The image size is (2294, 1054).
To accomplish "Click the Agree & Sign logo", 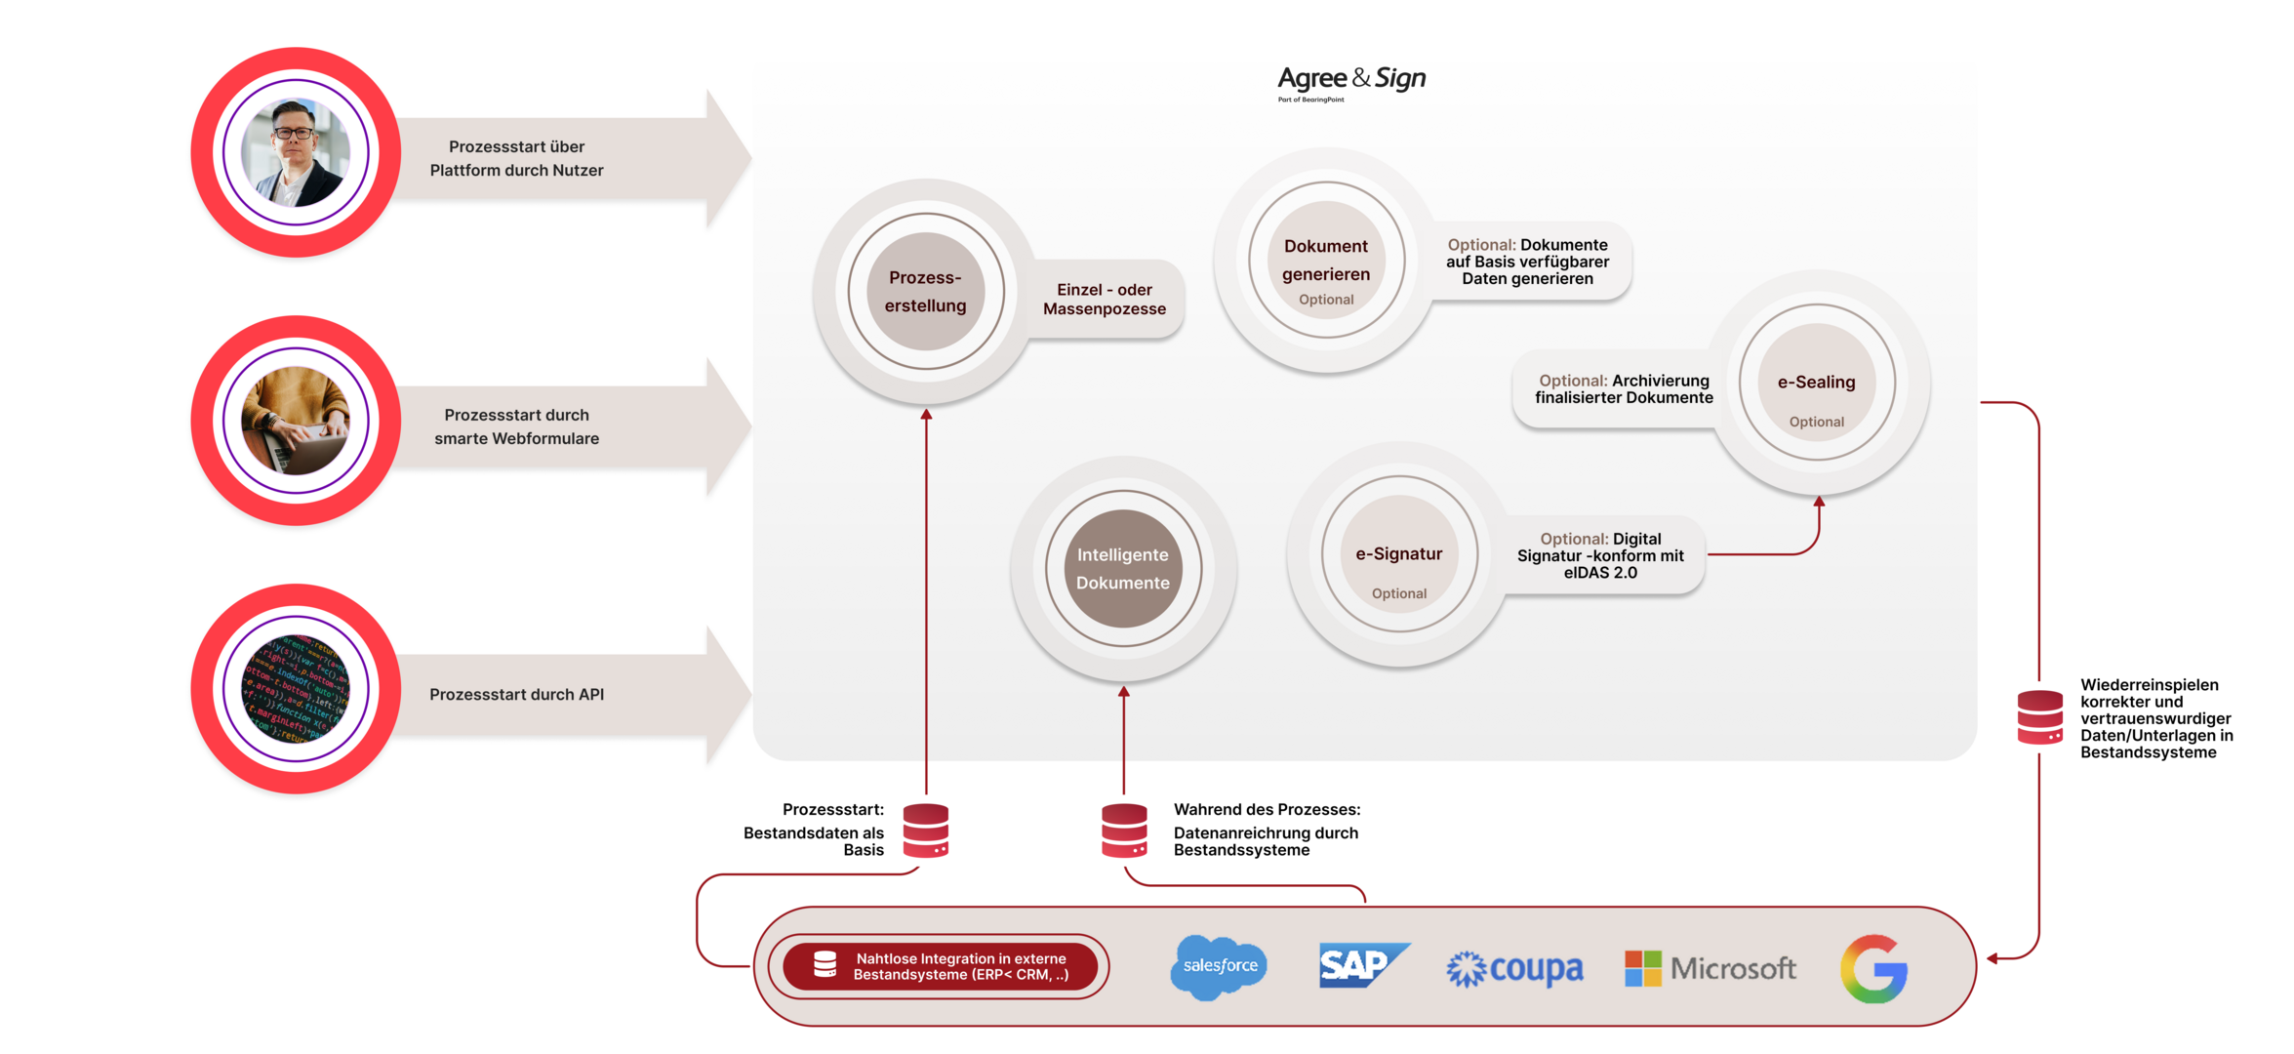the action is click(x=1351, y=82).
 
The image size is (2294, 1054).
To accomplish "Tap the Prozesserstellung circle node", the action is click(x=925, y=291).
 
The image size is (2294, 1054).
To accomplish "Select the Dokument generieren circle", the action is click(x=1326, y=260).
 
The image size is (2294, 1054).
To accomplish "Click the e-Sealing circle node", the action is click(x=1816, y=382).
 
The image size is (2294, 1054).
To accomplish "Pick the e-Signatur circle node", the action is click(x=1399, y=553).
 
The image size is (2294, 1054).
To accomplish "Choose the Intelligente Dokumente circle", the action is click(x=1123, y=568).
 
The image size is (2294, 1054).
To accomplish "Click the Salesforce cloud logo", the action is click(x=1219, y=966).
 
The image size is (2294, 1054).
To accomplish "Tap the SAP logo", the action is click(x=1363, y=965).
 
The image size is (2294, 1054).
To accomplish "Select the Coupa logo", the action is click(x=1514, y=969).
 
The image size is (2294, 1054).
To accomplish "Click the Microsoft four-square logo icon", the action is click(x=1643, y=968).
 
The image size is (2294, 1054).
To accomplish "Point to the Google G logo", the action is click(x=1873, y=968).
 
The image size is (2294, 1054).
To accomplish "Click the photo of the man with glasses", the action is click(x=296, y=152).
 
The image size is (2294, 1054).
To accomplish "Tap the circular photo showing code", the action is click(x=296, y=689).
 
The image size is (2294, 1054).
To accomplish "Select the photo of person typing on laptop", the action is click(x=296, y=421).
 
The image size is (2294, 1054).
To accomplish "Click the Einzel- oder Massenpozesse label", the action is click(x=1105, y=299).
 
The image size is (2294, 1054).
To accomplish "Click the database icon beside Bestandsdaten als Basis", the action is click(x=926, y=831).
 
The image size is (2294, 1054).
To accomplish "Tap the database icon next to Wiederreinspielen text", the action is click(x=2040, y=717).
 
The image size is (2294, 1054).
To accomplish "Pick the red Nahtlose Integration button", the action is click(x=940, y=966).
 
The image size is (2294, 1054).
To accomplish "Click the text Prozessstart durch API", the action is click(x=517, y=694).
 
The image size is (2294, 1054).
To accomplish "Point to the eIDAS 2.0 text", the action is click(x=1600, y=573).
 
